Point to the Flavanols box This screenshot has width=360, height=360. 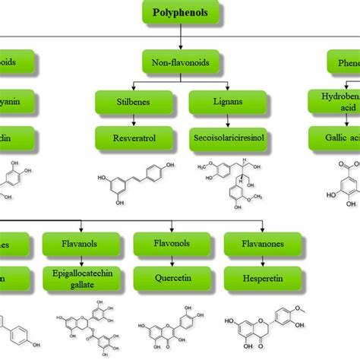pos(86,245)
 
